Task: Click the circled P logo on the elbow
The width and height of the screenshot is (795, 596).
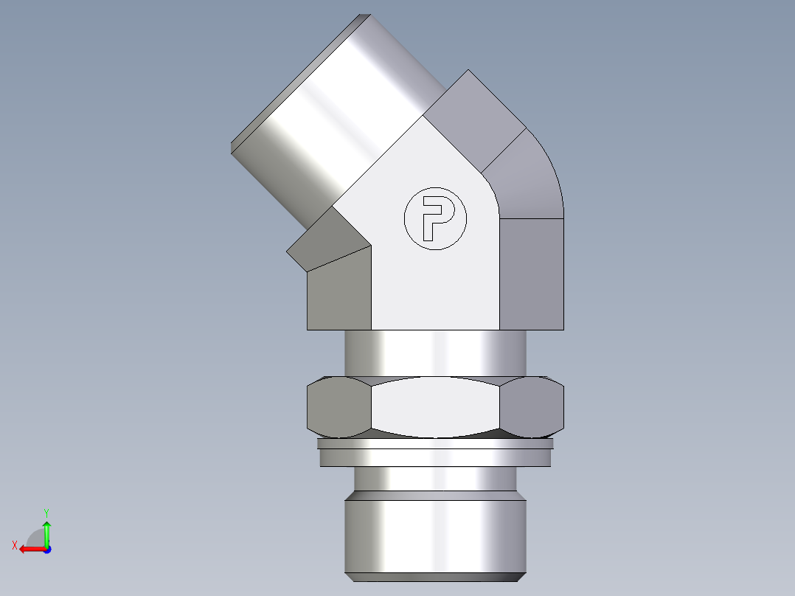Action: pyautogui.click(x=435, y=218)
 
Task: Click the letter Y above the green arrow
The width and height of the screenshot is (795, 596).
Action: pyautogui.click(x=46, y=512)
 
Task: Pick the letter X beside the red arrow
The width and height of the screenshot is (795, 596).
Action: pyautogui.click(x=14, y=545)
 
